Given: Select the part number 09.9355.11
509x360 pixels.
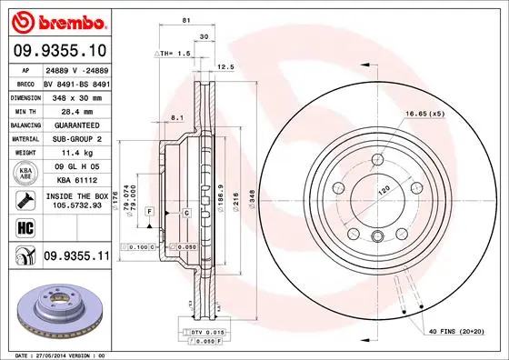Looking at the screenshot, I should coord(77,257).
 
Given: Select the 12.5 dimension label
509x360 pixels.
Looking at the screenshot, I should coord(226,66).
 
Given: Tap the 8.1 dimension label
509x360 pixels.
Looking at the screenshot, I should coord(177,117).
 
